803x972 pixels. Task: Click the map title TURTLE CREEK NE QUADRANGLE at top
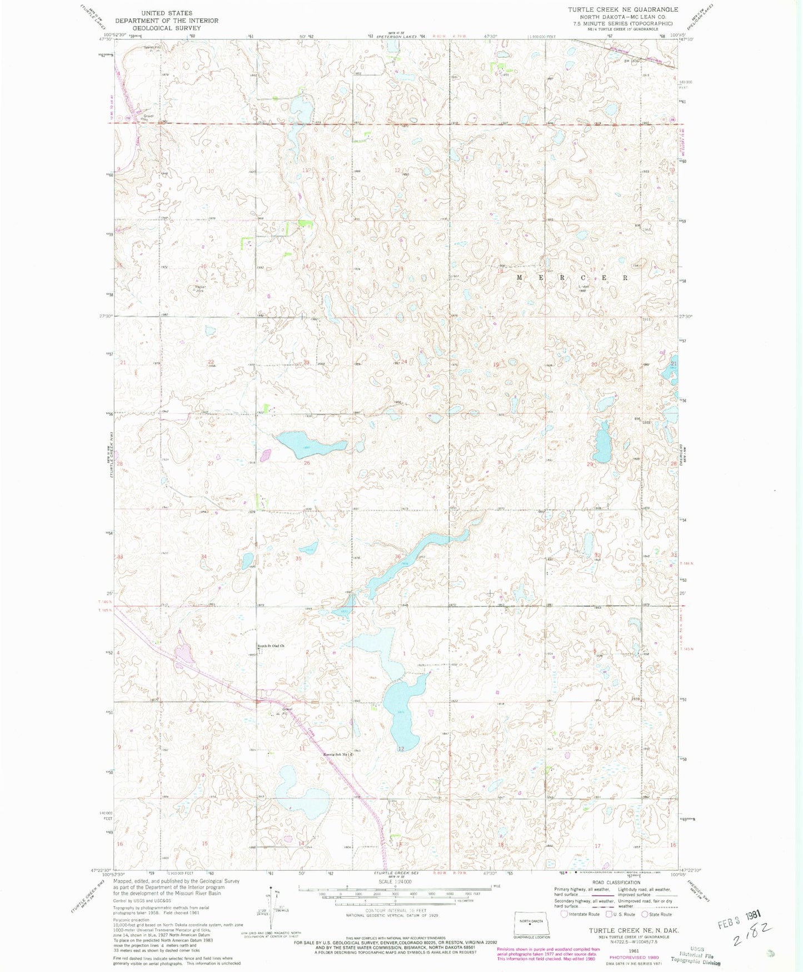click(622, 9)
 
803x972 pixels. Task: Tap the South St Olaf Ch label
click(271, 646)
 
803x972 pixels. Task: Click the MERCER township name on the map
click(573, 277)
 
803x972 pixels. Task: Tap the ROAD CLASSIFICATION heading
click(616, 883)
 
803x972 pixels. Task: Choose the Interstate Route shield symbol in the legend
click(564, 914)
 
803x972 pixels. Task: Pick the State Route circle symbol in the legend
click(645, 914)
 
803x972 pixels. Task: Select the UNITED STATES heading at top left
click(167, 13)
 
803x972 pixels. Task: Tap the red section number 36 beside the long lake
click(398, 556)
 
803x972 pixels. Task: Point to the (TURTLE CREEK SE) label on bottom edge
click(395, 874)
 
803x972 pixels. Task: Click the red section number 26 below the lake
click(307, 463)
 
